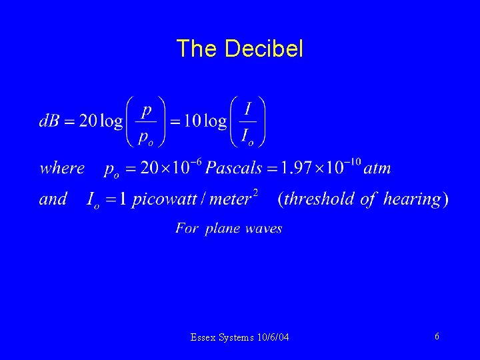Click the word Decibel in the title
click(264, 49)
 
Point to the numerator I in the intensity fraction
click(247, 107)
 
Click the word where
click(62, 168)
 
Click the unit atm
click(377, 168)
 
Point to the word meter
click(229, 199)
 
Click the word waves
click(263, 229)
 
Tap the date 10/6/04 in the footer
click(273, 338)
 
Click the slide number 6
click(437, 337)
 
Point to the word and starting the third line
click(53, 199)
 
